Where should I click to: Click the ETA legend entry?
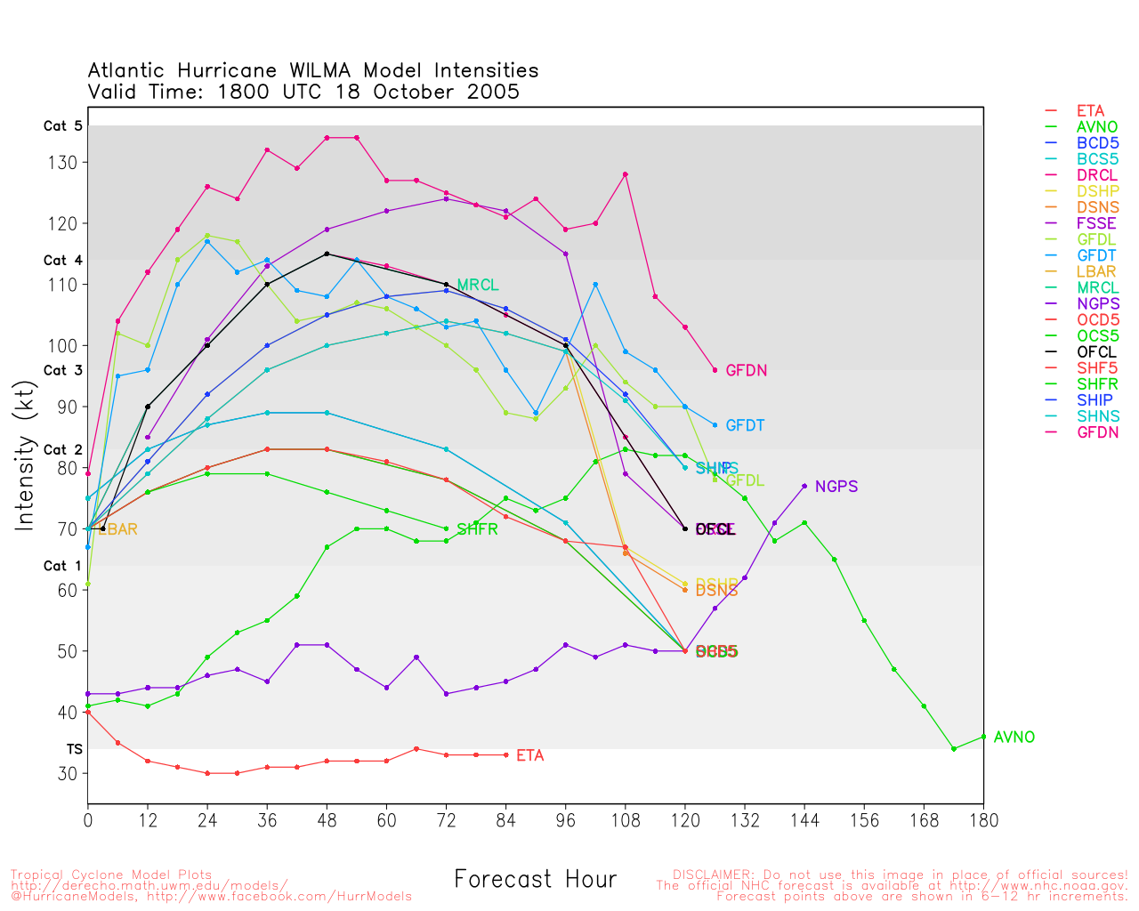pos(1090,111)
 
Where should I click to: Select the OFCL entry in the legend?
pos(1095,352)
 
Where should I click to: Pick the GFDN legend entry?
pos(1097,432)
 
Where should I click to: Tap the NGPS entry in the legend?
pos(1097,304)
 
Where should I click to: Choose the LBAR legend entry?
pos(1096,272)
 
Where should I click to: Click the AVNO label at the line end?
pos(1014,738)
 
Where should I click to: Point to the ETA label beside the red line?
pos(529,756)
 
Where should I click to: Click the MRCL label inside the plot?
pos(477,286)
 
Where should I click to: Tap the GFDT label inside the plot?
pos(745,426)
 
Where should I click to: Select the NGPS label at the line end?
pos(836,488)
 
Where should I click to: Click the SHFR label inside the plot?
pos(477,530)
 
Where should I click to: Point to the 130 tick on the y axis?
pos(69,163)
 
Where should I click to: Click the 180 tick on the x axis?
pos(983,820)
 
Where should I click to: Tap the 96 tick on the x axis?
pos(565,820)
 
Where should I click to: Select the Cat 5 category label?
pos(62,126)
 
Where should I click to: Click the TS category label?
pos(74,750)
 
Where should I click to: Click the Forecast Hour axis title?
pos(535,880)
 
